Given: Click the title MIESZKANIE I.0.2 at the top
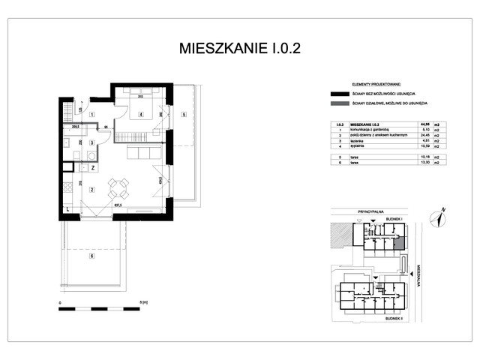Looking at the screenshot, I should pyautogui.click(x=240, y=49).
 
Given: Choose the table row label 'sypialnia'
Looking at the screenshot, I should pyautogui.click(x=362, y=145).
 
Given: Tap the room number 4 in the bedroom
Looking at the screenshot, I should pyautogui.click(x=140, y=115).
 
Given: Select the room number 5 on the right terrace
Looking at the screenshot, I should pyautogui.click(x=184, y=115).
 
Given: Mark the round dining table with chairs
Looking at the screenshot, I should pyautogui.click(x=118, y=185).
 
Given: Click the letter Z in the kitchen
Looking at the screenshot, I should pyautogui.click(x=92, y=169).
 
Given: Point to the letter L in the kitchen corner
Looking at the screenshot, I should pyautogui.click(x=67, y=211).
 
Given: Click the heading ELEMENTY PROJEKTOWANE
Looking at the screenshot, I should pyautogui.click(x=370, y=85).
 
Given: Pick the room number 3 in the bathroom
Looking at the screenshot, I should pyautogui.click(x=91, y=142).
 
